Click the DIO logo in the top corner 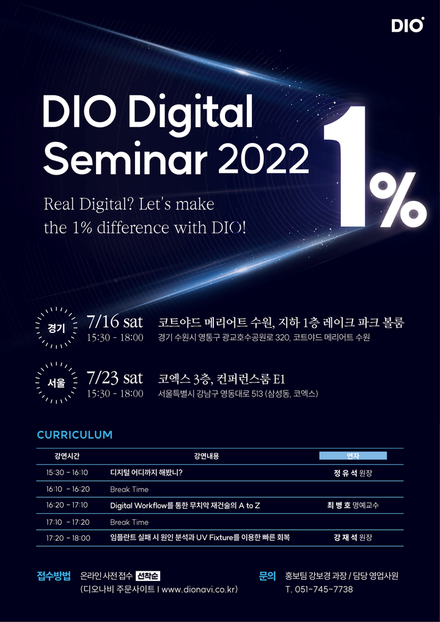408,24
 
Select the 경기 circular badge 56,328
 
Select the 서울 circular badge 56,383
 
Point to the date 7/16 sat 114,322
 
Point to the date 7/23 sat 114,378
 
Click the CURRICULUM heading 75,435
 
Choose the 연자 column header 353,456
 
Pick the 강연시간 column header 67,456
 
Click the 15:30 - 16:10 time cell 67,473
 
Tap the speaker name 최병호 337,505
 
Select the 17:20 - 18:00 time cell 68,538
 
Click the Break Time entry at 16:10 130,489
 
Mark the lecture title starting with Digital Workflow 185,506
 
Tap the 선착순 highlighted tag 148,576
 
